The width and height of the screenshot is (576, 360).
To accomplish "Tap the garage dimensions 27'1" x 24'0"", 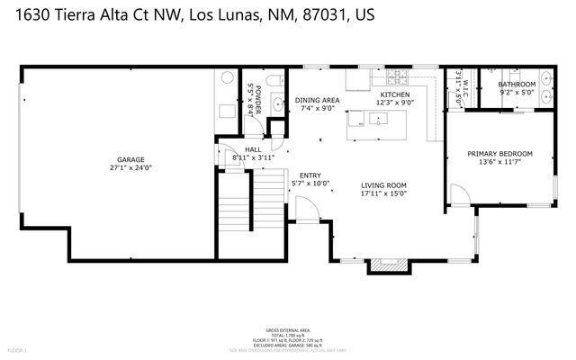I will click(x=130, y=167).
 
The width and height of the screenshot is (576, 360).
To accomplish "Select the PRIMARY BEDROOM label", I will click(x=499, y=154).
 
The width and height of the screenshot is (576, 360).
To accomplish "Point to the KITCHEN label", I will click(x=394, y=94).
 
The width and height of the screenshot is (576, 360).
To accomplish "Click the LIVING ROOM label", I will click(x=383, y=184).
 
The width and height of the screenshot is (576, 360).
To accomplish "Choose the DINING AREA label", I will click(x=317, y=100).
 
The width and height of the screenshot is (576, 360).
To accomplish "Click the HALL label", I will click(x=253, y=150).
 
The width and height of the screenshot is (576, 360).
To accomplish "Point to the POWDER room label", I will click(x=257, y=94).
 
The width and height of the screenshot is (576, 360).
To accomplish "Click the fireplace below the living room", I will click(x=388, y=265).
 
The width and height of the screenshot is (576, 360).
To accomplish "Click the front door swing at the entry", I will click(x=307, y=211).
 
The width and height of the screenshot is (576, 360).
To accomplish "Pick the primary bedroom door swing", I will click(x=458, y=193).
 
